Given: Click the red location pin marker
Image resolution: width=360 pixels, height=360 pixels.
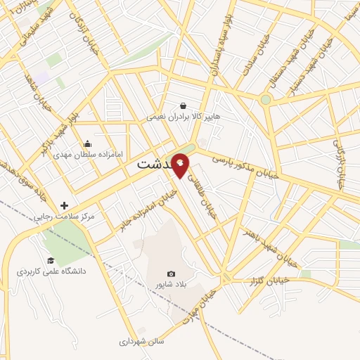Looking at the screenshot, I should pos(181,165).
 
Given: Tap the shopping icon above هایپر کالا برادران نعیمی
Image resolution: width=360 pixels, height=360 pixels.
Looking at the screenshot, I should pos(183,105).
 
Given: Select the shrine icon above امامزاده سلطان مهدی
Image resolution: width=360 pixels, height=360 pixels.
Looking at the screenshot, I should pos(87,143).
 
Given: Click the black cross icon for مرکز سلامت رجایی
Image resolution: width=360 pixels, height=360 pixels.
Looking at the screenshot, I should pos(65,205).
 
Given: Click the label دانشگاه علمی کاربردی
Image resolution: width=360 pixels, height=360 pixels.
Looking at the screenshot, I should pos(51,270).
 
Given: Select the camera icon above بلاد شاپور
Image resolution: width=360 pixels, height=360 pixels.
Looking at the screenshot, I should pos(171,274).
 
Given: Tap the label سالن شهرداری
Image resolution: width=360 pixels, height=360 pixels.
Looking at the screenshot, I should pos(141,340).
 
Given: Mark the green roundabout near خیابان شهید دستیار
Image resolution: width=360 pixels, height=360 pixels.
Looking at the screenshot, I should pos(265,100).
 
